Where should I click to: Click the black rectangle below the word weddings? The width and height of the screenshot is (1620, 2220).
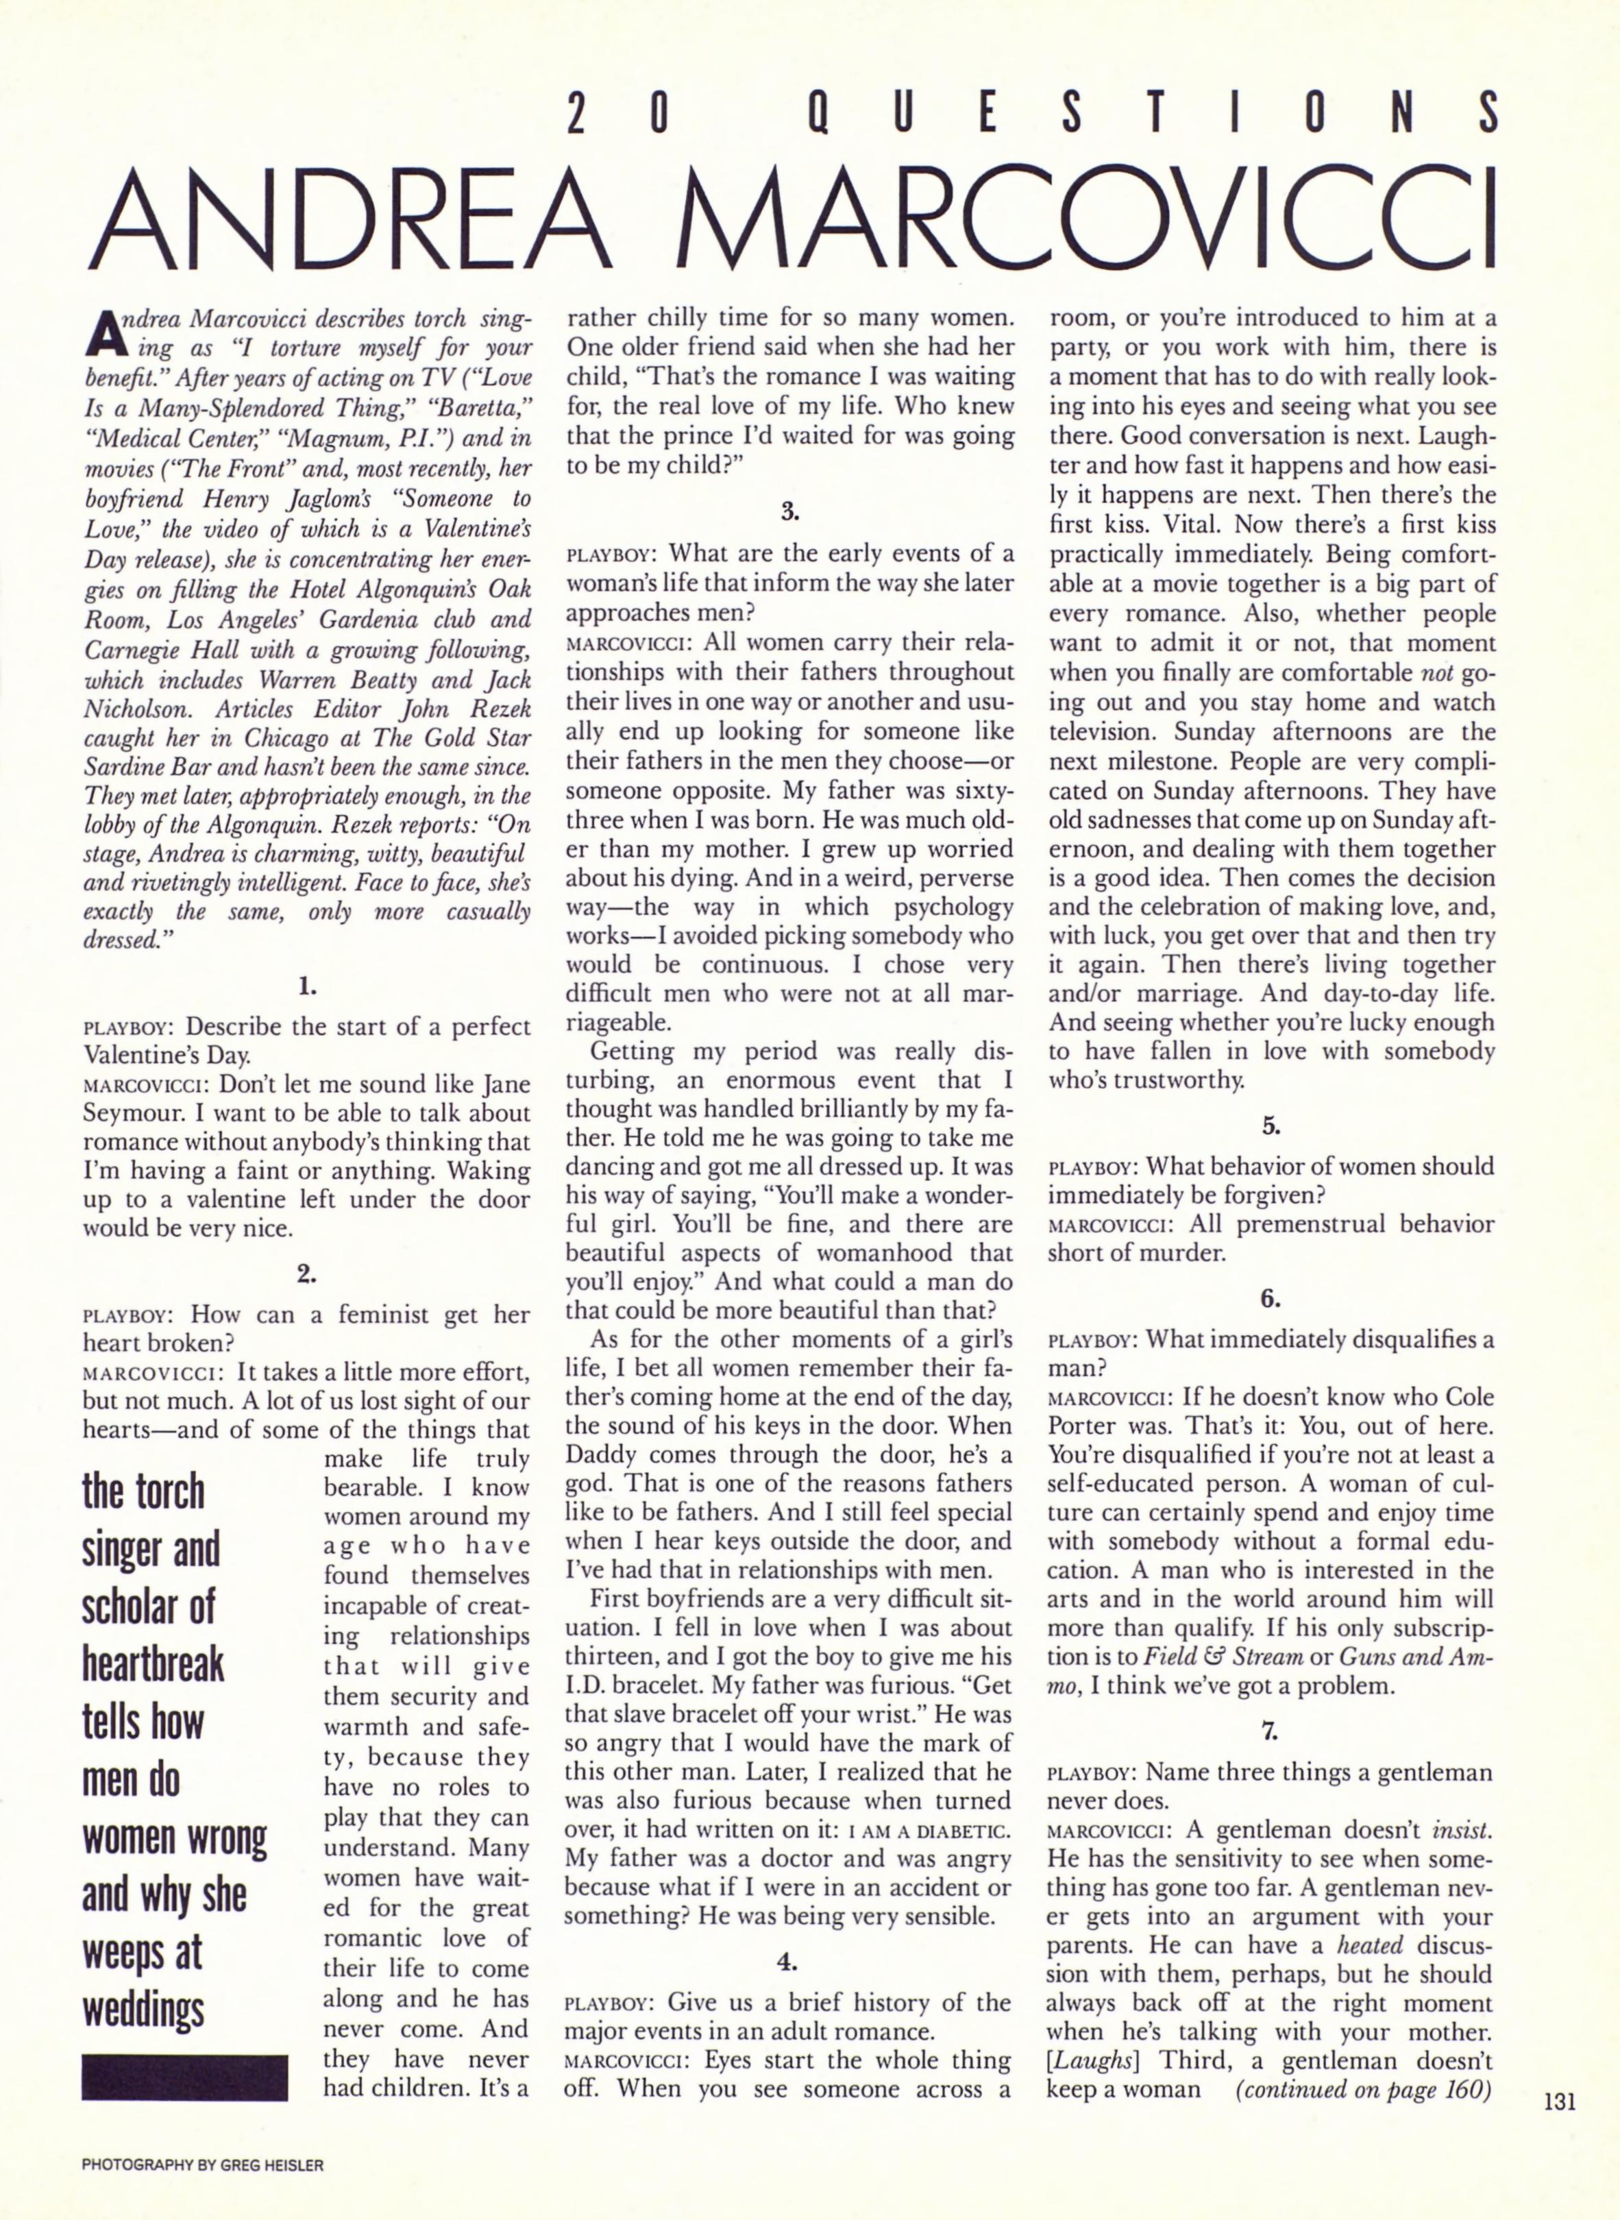coord(184,2076)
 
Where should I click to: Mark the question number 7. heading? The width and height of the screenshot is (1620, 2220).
coord(1271,1732)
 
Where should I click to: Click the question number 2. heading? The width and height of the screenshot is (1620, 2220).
coord(307,1275)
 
